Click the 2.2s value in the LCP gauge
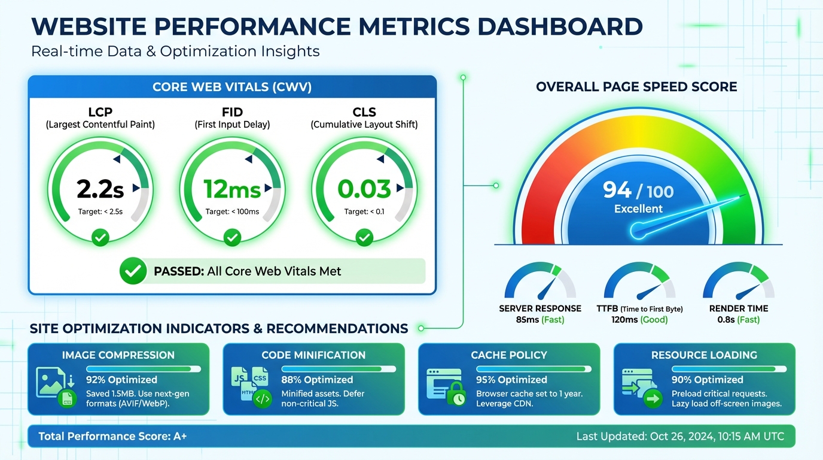tap(100, 189)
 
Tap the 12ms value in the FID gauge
tap(232, 190)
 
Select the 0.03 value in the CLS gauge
tap(364, 189)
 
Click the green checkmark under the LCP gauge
tap(100, 238)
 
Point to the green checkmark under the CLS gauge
tap(364, 238)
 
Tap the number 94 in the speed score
tap(617, 190)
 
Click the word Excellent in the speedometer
tap(638, 209)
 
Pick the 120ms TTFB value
tap(623, 320)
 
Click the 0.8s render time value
tap(726, 320)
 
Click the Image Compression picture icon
tap(50, 382)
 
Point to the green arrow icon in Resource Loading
tap(653, 398)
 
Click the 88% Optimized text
tap(317, 380)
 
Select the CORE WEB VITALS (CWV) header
tap(232, 87)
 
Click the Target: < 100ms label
tap(232, 212)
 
